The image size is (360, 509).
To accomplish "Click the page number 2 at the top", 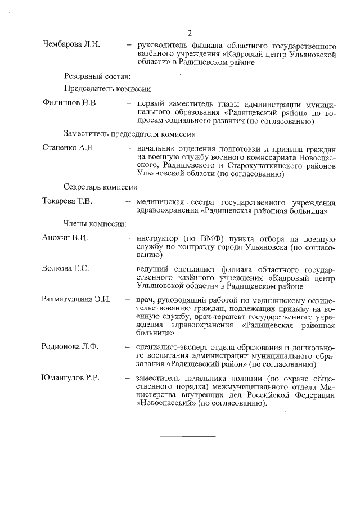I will pos(190,33).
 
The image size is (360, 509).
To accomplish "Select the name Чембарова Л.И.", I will pos(71,44).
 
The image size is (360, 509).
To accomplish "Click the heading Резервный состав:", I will pos(97,76).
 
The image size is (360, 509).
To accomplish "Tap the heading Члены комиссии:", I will pos(94,223).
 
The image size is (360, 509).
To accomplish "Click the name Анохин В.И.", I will pos(65,237).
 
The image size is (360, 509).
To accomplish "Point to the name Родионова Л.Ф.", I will pos(70,346).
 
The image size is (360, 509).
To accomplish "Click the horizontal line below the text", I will pos(188,436).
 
